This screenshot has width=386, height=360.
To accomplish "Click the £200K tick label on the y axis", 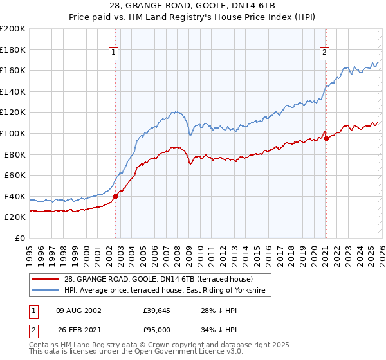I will [13, 29].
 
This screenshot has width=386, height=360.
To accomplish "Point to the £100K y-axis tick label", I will [13, 133].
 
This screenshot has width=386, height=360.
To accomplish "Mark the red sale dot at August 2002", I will [116, 197].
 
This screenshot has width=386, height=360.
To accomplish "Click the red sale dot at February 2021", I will [326, 138].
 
